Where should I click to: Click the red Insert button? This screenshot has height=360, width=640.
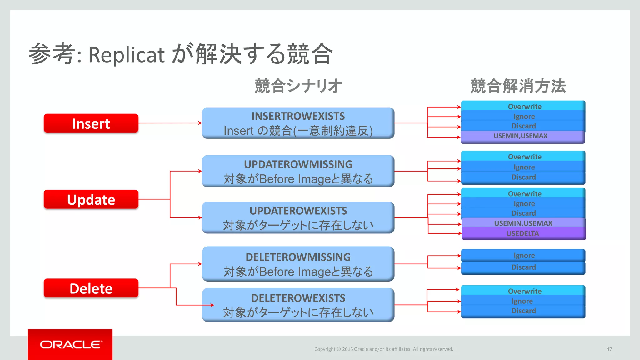pyautogui.click(x=91, y=123)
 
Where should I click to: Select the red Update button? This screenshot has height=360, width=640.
pyautogui.click(x=91, y=199)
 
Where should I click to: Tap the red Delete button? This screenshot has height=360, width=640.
pyautogui.click(x=91, y=288)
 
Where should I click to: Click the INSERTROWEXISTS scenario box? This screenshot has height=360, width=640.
pyautogui.click(x=298, y=123)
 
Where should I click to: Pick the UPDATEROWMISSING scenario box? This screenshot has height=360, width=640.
pyautogui.click(x=298, y=171)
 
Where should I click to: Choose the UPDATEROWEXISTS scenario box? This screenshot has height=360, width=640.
pyautogui.click(x=298, y=217)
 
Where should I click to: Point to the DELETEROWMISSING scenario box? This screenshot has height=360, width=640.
pyautogui.click(x=298, y=264)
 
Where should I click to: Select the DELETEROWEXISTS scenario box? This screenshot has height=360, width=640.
pyautogui.click(x=298, y=305)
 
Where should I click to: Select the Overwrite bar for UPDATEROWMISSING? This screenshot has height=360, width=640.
pyautogui.click(x=524, y=157)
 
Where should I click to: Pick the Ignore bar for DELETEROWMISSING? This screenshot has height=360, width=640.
pyautogui.click(x=524, y=255)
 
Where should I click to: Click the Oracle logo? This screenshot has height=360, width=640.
pyautogui.click(x=70, y=344)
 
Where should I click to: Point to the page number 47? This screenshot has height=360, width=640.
pyautogui.click(x=609, y=349)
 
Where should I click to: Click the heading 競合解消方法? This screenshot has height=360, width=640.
pyautogui.click(x=518, y=86)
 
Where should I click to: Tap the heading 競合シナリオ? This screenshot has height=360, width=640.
pyautogui.click(x=298, y=86)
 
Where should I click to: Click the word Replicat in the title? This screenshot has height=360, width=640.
pyautogui.click(x=126, y=55)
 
